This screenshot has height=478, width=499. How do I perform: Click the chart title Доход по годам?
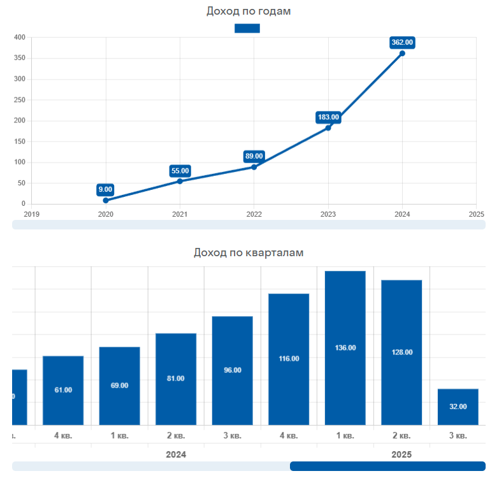[249, 11]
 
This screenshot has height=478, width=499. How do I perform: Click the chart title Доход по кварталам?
[249, 252]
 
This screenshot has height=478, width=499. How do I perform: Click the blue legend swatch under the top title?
[247, 28]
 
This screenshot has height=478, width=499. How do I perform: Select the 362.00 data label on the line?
[402, 43]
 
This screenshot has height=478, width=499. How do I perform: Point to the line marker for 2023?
[328, 127]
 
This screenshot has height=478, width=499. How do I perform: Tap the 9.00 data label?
[105, 189]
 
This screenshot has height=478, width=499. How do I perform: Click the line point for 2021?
[180, 181]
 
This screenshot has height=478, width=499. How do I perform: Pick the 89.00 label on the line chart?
[254, 156]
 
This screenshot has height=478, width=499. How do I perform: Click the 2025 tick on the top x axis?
[476, 214]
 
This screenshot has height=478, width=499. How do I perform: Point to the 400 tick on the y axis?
[19, 38]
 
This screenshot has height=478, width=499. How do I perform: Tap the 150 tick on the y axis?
[19, 141]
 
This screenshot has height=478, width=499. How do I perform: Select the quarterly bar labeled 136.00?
[345, 347]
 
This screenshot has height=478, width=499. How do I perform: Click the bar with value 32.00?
[458, 407]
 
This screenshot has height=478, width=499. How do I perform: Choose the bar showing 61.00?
[63, 389]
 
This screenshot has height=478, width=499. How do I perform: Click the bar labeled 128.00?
[401, 352]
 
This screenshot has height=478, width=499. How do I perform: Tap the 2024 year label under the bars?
[176, 454]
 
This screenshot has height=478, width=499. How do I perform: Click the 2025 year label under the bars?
[401, 454]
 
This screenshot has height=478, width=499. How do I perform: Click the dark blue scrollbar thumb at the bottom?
[387, 466]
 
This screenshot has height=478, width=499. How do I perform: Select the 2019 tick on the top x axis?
[31, 214]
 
